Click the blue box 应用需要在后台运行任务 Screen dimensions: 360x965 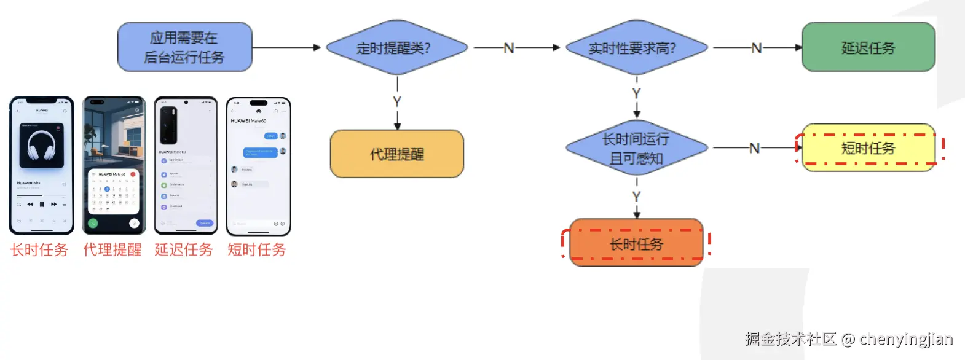click(x=184, y=47)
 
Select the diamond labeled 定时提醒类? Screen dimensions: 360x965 click(x=396, y=48)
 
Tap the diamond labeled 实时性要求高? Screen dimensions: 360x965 click(x=636, y=48)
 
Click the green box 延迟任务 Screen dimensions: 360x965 click(x=868, y=47)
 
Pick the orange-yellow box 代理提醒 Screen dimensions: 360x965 click(x=396, y=154)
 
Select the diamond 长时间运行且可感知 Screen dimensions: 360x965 click(x=636, y=148)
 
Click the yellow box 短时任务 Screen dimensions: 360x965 click(x=868, y=147)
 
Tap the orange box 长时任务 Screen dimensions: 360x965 click(x=636, y=244)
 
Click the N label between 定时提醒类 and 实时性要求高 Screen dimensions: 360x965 click(x=508, y=48)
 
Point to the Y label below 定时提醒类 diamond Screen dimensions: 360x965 click(x=397, y=101)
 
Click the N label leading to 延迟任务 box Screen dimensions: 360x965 click(x=756, y=48)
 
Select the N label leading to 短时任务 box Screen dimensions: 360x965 click(x=754, y=148)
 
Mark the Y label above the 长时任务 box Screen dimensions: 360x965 click(x=637, y=197)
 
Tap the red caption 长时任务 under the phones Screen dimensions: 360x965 click(x=39, y=249)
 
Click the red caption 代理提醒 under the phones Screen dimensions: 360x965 click(x=112, y=249)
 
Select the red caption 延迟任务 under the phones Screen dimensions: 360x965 click(x=184, y=249)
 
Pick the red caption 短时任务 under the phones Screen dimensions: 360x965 click(x=257, y=249)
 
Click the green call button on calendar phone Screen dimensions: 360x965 click(x=93, y=223)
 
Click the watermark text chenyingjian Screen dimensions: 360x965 click(x=906, y=338)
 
